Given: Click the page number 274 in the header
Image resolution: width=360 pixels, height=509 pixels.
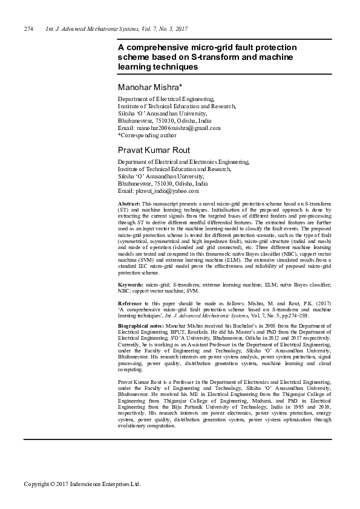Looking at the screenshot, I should tap(28, 29).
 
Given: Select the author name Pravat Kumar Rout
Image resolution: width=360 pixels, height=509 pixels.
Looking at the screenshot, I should tap(154, 149).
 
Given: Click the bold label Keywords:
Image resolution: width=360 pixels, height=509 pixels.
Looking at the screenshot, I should tap(131, 284).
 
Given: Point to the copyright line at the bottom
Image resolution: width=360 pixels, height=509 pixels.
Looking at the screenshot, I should tap(82, 484).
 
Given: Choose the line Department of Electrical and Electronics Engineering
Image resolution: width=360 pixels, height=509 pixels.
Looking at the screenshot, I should tap(183, 162).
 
